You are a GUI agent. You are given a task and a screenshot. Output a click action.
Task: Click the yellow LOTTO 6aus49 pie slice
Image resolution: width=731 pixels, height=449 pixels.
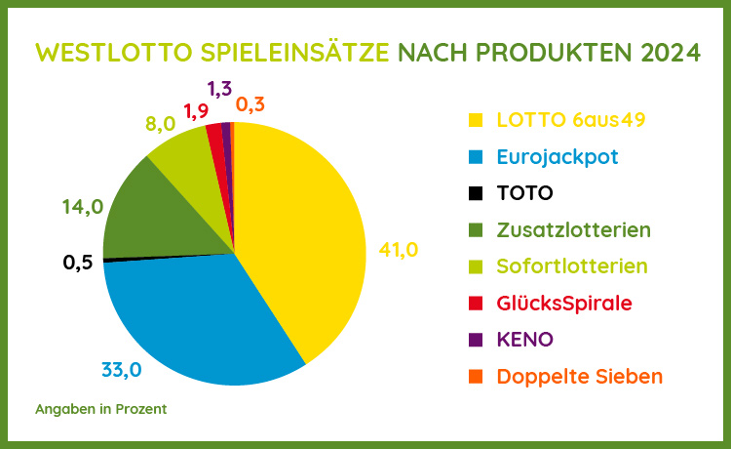click(302, 234)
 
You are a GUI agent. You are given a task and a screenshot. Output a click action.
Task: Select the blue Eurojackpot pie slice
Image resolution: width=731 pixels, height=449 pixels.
click(195, 312)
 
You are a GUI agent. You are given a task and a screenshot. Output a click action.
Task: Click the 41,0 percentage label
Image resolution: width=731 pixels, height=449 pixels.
click(398, 251)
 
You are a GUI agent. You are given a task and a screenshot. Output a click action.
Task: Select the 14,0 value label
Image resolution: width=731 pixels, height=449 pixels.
click(82, 207)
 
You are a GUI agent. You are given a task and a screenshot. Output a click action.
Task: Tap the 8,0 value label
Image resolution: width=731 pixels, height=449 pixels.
click(160, 124)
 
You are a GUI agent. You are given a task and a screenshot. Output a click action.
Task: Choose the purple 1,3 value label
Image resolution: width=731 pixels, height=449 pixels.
click(220, 90)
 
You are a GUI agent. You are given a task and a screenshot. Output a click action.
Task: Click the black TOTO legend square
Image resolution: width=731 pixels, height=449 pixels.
click(476, 193)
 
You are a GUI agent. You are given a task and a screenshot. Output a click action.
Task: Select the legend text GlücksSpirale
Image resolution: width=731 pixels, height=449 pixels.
click(564, 303)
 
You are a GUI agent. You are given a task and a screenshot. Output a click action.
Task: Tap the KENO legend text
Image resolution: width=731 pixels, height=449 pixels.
click(525, 340)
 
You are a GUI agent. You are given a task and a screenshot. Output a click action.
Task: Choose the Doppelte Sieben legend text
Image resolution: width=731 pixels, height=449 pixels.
click(579, 376)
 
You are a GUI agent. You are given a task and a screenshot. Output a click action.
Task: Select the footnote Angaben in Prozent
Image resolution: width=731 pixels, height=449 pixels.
click(100, 408)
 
